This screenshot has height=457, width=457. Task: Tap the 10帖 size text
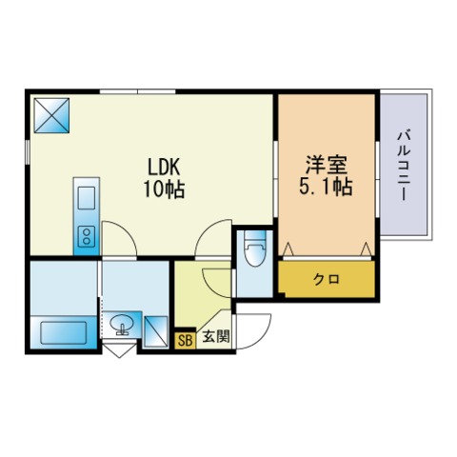coord(164,189)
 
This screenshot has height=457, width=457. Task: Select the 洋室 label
coord(327,165)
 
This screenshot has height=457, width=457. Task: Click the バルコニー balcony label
coord(404,166)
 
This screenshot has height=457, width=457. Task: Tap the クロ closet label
coord(327,279)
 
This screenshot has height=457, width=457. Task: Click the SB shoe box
coord(185,340)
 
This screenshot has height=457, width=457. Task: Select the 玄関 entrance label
coord(216,336)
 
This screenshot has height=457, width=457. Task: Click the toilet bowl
coord(255,250)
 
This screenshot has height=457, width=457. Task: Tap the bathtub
coord(64,332)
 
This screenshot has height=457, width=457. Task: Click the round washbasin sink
coord(122,323)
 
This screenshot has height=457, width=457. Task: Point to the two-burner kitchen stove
coord(87,236)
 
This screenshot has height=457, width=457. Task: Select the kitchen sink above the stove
coord(87,198)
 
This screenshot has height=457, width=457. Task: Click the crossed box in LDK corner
coord(51,115)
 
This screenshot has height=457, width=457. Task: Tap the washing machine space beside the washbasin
coord(156,331)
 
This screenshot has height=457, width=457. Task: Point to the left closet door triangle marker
coord(288,248)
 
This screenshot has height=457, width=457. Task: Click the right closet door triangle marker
coord(367,248)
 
